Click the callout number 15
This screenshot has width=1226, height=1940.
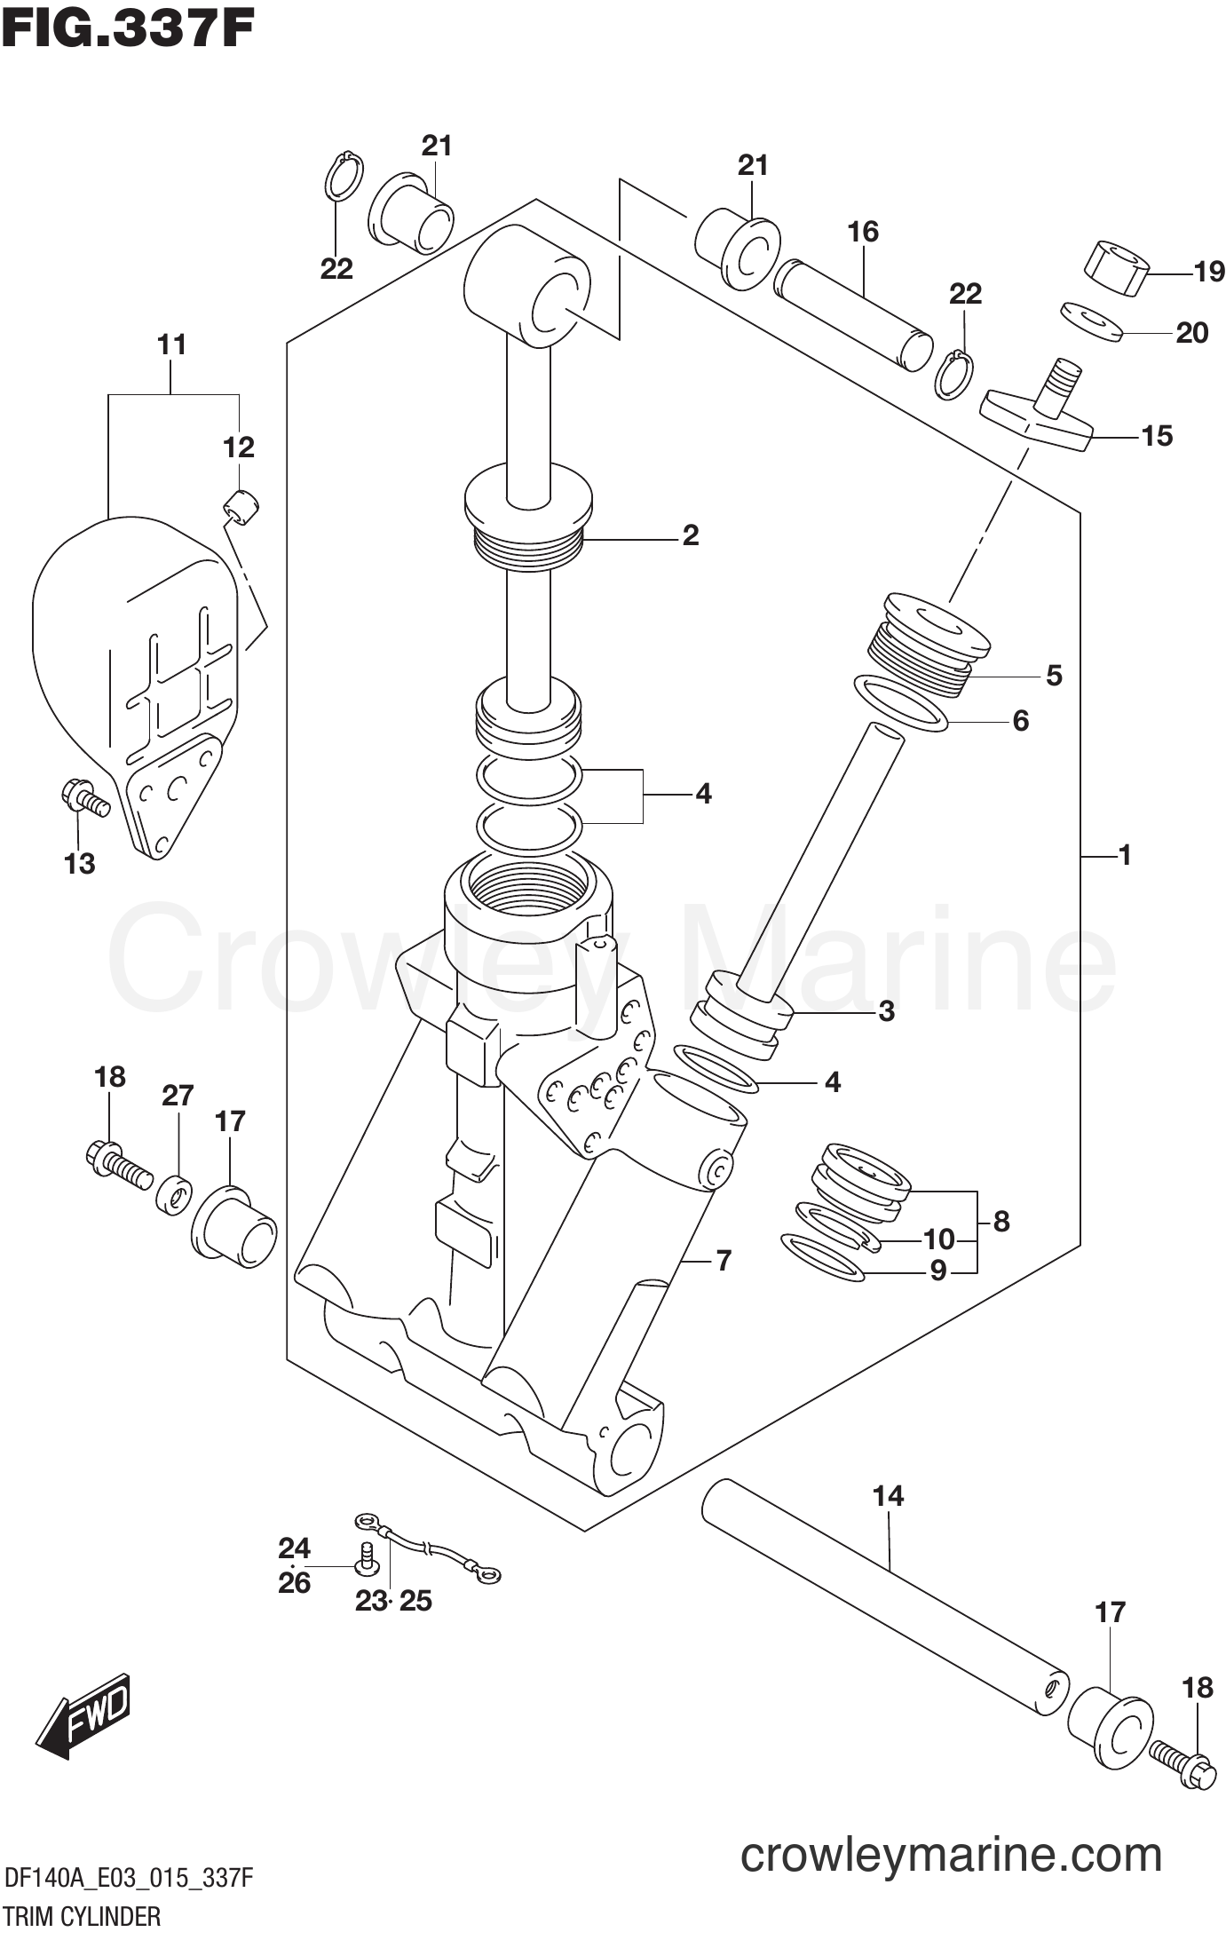click(1156, 436)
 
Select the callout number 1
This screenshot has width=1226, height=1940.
click(1125, 856)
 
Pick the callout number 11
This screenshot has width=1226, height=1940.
click(172, 344)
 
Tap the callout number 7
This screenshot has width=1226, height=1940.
click(724, 1260)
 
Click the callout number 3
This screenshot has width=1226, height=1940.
click(885, 1011)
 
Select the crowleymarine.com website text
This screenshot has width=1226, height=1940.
click(951, 1855)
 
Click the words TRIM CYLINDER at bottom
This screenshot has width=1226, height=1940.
click(83, 1917)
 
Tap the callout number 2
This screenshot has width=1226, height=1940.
click(690, 535)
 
